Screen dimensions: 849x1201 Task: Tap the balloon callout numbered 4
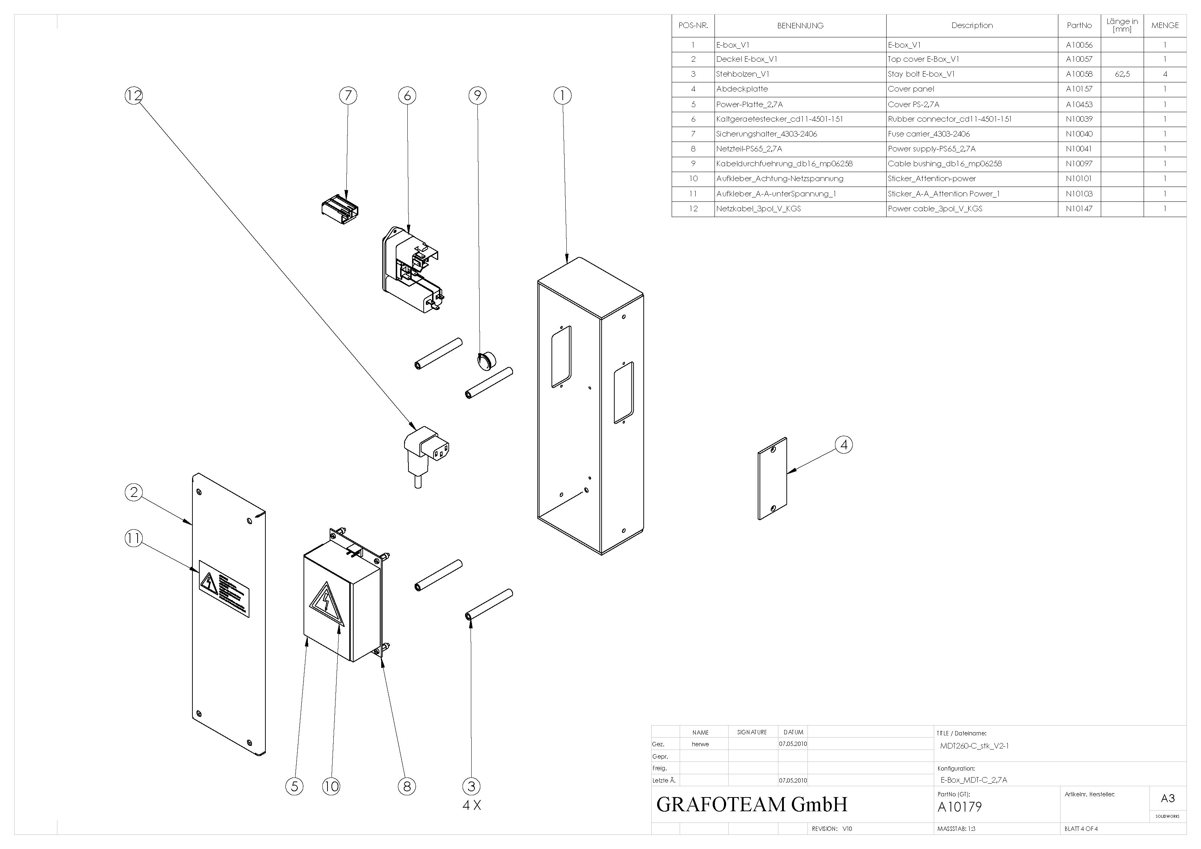click(843, 445)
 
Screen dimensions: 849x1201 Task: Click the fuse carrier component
click(339, 209)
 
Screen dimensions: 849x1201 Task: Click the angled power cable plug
click(426, 450)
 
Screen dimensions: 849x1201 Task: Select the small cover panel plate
click(772, 479)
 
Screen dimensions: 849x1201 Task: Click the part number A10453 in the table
click(1079, 104)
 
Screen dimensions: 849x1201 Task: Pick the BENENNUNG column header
click(800, 26)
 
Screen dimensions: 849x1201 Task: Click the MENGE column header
click(1165, 26)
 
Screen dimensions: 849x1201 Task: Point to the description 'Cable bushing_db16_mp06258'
click(945, 164)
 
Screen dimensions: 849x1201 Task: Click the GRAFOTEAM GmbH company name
click(752, 804)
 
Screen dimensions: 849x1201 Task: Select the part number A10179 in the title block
click(960, 807)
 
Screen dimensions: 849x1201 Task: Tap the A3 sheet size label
click(1168, 798)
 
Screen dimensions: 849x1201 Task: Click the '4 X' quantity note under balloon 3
click(471, 805)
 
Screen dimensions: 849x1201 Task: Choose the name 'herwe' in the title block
click(700, 744)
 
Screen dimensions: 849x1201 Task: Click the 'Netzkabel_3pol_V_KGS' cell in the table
click(758, 209)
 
